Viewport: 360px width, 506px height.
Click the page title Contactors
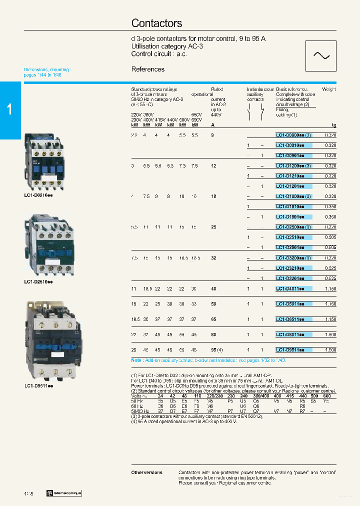[156, 23]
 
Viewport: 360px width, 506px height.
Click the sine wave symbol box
[320, 55]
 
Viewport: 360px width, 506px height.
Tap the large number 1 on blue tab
[10, 110]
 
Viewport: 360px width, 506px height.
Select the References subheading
[147, 69]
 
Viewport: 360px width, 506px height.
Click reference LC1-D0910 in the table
[293, 145]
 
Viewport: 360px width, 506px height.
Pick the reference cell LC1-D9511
[293, 350]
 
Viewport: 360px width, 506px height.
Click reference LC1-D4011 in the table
[293, 289]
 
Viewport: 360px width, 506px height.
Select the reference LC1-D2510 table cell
[293, 237]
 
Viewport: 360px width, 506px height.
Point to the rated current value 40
[213, 289]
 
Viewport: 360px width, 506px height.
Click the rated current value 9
[213, 135]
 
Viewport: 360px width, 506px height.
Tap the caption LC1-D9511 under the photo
[38, 386]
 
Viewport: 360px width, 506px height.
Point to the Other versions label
[146, 472]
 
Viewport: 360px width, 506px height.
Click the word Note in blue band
[136, 360]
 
